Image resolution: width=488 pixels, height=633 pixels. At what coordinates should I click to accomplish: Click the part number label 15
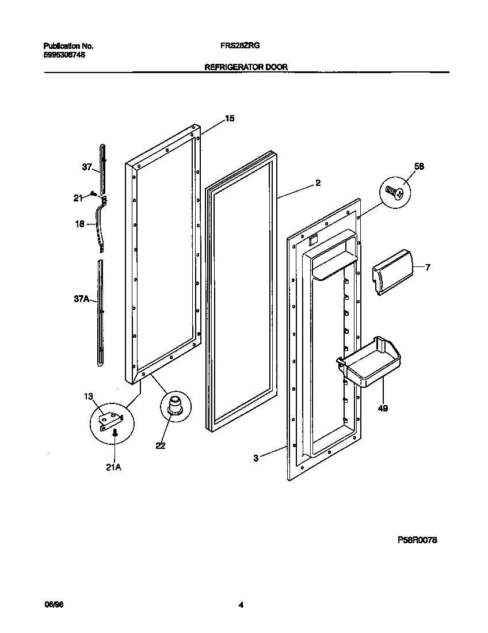[229, 119]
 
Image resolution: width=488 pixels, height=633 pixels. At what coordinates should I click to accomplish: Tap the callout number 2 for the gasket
[318, 184]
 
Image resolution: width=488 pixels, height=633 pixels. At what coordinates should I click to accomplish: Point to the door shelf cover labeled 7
[391, 271]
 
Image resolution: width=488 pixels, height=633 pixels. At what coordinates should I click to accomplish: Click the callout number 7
[428, 268]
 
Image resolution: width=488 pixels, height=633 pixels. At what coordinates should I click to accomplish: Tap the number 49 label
[383, 409]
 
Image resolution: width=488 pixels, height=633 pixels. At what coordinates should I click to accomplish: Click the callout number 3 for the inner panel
[256, 457]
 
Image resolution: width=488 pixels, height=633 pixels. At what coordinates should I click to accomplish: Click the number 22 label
[161, 445]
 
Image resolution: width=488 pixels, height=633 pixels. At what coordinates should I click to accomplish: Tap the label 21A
[113, 467]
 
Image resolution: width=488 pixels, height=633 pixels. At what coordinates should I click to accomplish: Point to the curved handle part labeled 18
[102, 224]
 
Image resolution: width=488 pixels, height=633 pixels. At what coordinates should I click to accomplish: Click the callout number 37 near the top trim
[86, 167]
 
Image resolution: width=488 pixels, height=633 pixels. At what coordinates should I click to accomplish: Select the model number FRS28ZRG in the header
[237, 45]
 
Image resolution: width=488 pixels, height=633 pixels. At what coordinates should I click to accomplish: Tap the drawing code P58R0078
[418, 540]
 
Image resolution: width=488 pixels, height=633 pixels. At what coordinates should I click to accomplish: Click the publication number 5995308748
[64, 54]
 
